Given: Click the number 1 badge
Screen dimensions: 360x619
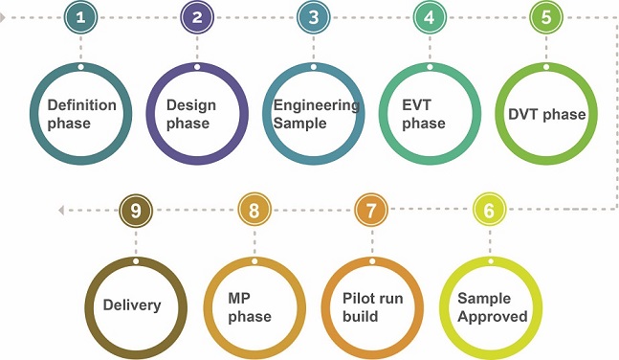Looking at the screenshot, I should pyautogui.click(x=80, y=17).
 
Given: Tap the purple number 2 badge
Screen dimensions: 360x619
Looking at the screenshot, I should pyautogui.click(x=197, y=17).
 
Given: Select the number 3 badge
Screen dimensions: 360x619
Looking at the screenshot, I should pyautogui.click(x=313, y=17).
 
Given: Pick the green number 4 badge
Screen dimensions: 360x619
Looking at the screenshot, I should pyautogui.click(x=430, y=17).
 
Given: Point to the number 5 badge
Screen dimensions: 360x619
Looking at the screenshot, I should pyautogui.click(x=546, y=17).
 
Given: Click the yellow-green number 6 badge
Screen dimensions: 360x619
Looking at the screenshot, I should pyautogui.click(x=489, y=210).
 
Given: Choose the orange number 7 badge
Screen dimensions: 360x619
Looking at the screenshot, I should pyautogui.click(x=370, y=210).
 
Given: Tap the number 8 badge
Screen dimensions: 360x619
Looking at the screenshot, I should pyautogui.click(x=254, y=210).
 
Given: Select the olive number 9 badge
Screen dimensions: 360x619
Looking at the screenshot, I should pyautogui.click(x=136, y=210).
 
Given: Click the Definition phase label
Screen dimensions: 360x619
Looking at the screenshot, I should pyautogui.click(x=81, y=114).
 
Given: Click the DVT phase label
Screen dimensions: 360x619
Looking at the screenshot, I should pyautogui.click(x=546, y=115).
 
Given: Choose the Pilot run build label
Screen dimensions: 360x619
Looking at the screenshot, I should pyautogui.click(x=372, y=307).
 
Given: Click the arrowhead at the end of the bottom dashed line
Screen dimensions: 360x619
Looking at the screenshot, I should pyautogui.click(x=61, y=210).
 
